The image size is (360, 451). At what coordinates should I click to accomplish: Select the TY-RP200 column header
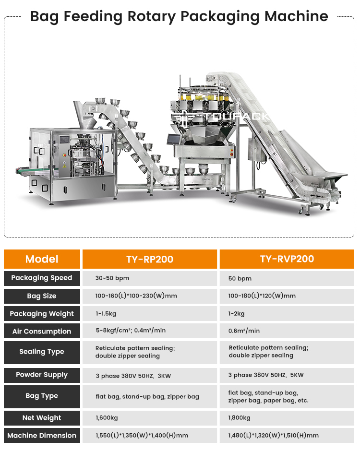(x=150, y=259)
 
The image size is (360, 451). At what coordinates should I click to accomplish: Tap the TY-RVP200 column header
(x=287, y=259)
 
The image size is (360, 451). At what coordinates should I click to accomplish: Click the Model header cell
(x=42, y=259)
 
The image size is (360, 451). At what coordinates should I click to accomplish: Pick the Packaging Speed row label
(x=42, y=278)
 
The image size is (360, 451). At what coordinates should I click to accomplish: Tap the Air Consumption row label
(x=42, y=331)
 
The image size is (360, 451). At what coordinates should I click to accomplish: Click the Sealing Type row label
(x=42, y=352)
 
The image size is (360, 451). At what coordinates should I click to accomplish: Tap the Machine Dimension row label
(x=42, y=436)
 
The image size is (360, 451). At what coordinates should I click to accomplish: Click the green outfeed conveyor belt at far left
(x=33, y=171)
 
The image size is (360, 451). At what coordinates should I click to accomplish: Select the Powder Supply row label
(x=42, y=375)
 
